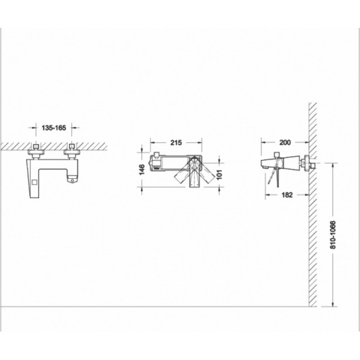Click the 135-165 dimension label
(54, 128)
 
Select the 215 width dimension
(176, 143)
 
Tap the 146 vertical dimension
(142, 169)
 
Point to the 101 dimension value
(219, 174)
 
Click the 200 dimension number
(285, 142)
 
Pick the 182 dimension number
(287, 195)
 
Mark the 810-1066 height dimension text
(333, 235)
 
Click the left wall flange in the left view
(36, 152)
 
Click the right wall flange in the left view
(72, 152)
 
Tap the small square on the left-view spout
(35, 183)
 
